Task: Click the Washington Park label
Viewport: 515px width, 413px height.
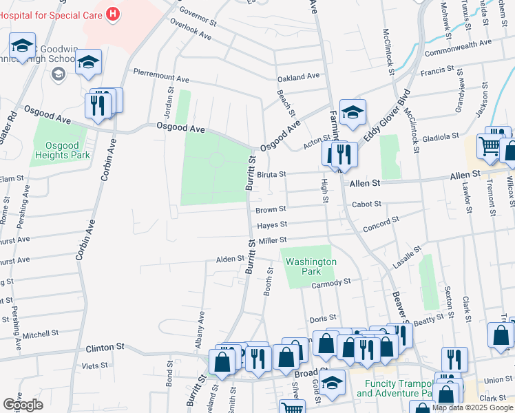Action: pos(311,266)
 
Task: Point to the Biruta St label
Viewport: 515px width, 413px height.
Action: pos(271,175)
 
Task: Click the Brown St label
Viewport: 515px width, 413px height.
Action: pos(271,209)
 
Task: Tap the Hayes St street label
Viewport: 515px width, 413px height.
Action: pos(272,224)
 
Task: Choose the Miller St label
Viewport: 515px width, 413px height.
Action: pos(273,240)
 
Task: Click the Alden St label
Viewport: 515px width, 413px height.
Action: pos(231,260)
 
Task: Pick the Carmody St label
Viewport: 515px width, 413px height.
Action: pos(331,282)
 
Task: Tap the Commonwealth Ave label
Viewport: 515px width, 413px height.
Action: pos(459,47)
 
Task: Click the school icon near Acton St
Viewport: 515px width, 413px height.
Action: pos(353,112)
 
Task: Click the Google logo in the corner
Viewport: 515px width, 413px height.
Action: pos(23,405)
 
